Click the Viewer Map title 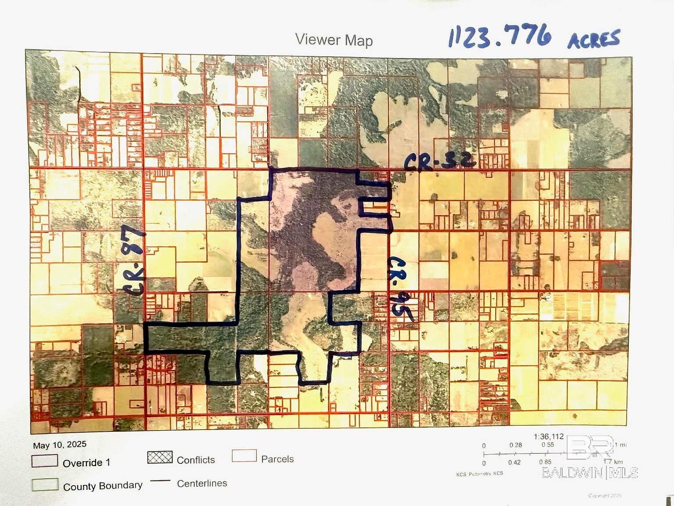pos(334,40)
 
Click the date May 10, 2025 pos(60,445)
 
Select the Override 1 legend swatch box pos(45,461)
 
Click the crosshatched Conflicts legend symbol pos(160,457)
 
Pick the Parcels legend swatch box pos(244,455)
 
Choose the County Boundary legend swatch pos(45,484)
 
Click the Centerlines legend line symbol pos(160,481)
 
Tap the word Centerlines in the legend pos(202,484)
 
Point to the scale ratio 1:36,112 pos(548,437)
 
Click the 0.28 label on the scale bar pos(516,445)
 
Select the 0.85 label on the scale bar pos(545,462)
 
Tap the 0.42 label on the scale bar pos(514,462)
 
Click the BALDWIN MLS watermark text pos(590,473)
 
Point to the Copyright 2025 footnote pos(605,495)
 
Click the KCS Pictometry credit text pos(480,473)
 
